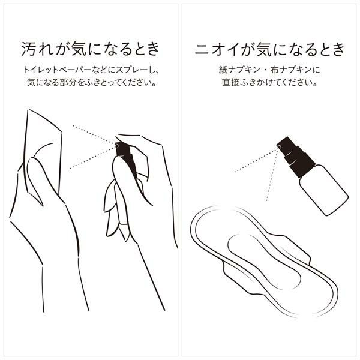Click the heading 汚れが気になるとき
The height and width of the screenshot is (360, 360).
[91, 49]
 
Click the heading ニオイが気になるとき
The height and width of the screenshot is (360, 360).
[269, 49]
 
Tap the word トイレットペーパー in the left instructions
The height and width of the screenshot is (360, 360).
[57, 70]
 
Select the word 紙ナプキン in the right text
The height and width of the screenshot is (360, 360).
[239, 70]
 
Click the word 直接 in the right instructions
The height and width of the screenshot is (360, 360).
[230, 83]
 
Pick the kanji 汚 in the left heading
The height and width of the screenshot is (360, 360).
[29, 49]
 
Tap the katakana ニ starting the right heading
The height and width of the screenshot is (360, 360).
[202, 49]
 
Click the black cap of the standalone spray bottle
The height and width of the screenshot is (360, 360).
[295, 157]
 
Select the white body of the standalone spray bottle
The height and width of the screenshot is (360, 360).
[324, 190]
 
